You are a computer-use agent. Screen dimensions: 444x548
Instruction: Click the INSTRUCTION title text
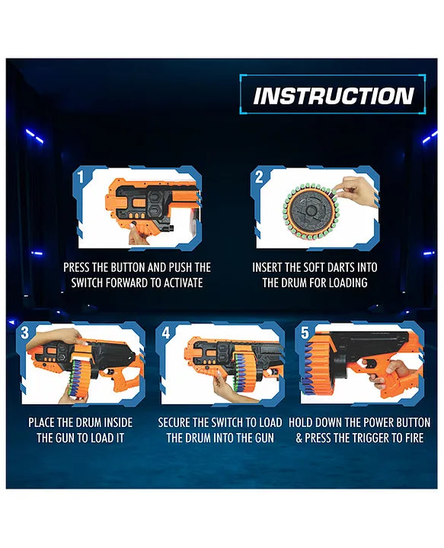pyautogui.click(x=334, y=96)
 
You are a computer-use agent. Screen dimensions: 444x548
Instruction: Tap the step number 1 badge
pyautogui.click(x=81, y=177)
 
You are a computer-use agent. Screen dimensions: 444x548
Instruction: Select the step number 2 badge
pyautogui.click(x=259, y=177)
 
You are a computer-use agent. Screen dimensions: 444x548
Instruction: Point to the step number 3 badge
pyautogui.click(x=25, y=333)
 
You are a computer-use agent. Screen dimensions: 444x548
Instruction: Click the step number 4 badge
pyautogui.click(x=166, y=333)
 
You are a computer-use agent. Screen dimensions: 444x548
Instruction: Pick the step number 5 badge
pyautogui.click(x=305, y=333)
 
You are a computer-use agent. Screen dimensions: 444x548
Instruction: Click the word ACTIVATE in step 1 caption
pyautogui.click(x=184, y=282)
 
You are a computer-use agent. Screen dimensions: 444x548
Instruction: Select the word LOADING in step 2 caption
pyautogui.click(x=347, y=282)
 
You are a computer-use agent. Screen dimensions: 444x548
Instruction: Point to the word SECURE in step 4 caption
pyautogui.click(x=174, y=422)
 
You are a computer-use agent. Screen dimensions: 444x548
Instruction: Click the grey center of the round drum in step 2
pyautogui.click(x=310, y=211)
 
